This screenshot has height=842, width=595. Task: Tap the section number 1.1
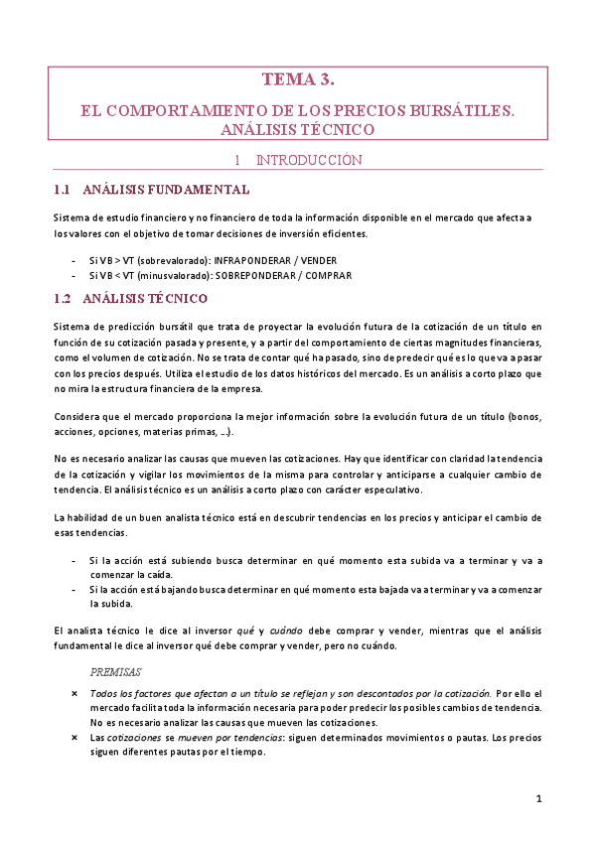(x=62, y=189)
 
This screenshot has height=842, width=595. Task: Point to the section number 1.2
(x=62, y=298)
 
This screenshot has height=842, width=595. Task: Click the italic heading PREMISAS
(x=115, y=672)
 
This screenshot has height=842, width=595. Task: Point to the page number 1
(x=538, y=799)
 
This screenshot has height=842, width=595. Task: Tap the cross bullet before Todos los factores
(x=74, y=692)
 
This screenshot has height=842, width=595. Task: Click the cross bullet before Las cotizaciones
(x=74, y=737)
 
